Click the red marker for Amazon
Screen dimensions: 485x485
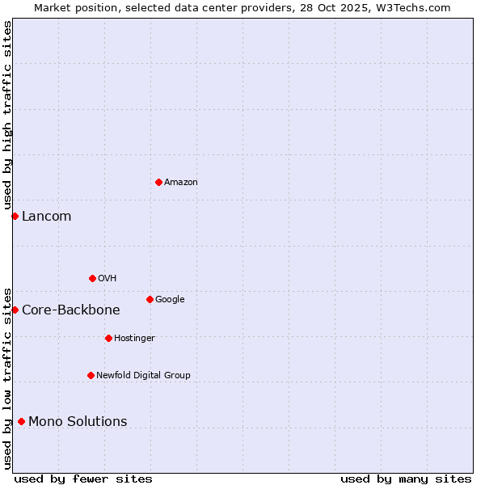click(158, 182)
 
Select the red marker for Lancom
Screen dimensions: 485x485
click(15, 216)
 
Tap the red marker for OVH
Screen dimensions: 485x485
click(92, 278)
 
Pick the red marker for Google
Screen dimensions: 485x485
click(150, 299)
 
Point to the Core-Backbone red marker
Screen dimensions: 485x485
click(15, 310)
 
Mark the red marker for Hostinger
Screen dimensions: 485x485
click(108, 338)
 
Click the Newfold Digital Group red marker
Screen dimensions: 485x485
click(91, 375)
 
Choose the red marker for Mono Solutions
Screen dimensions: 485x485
click(21, 421)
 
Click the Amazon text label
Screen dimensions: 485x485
click(181, 183)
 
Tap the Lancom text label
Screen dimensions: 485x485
click(46, 217)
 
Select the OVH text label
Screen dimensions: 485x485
click(108, 279)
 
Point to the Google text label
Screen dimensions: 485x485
click(170, 300)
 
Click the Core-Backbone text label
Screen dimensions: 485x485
click(71, 310)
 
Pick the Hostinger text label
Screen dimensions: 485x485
click(134, 339)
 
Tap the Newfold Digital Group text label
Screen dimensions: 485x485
click(144, 376)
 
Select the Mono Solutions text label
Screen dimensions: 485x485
click(78, 422)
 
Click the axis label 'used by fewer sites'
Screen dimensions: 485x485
click(83, 479)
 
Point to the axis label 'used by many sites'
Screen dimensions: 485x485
click(406, 479)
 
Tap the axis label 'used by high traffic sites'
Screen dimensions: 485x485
click(7, 116)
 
